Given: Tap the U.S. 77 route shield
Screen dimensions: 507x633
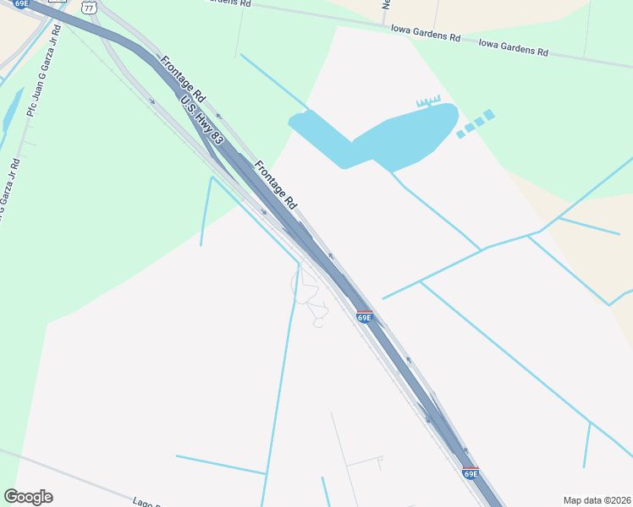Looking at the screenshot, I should click(x=88, y=6).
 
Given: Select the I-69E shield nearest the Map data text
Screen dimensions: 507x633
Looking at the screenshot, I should click(x=471, y=473).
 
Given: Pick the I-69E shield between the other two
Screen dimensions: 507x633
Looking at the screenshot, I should click(x=364, y=317).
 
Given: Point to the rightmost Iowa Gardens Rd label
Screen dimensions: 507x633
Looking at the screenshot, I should click(x=513, y=46).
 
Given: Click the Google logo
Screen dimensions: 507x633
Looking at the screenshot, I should click(x=29, y=497).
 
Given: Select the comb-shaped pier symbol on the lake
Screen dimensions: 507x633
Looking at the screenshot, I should click(x=428, y=101).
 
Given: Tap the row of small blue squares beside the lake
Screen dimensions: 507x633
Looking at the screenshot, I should click(x=475, y=123).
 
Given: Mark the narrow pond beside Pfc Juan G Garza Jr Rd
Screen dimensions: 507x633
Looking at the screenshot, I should click(x=13, y=110).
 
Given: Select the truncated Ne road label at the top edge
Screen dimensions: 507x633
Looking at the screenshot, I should click(x=385, y=4).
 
